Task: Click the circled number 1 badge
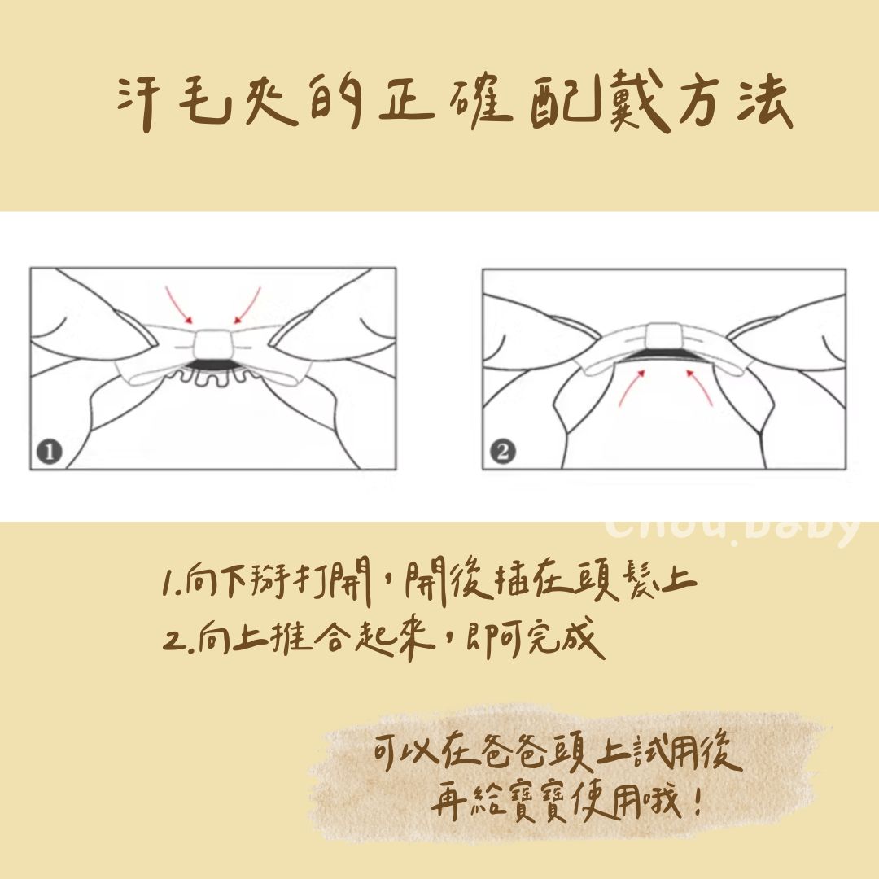pos(50,452)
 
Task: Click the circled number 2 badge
pos(502,452)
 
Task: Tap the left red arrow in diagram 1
pos(178,305)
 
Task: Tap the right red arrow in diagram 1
pos(247,305)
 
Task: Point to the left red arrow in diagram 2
pos(632,387)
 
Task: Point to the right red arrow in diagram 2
pos(699,387)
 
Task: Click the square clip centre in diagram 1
pos(213,345)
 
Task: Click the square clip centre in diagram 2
pos(665,335)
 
